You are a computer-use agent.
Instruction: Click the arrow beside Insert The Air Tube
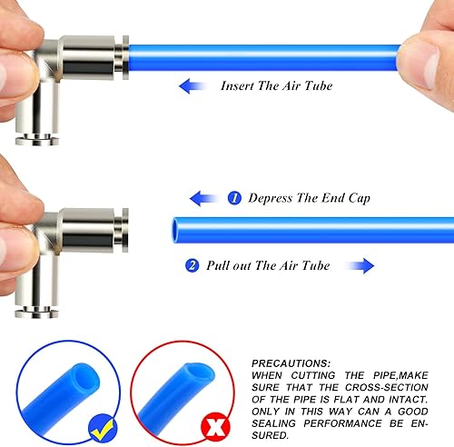[x=192, y=86]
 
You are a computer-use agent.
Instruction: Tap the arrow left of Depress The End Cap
[x=203, y=198]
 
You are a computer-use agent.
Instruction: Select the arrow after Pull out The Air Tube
[x=360, y=266]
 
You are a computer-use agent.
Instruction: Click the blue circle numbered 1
[x=234, y=198]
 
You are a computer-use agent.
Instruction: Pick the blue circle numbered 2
[x=192, y=265]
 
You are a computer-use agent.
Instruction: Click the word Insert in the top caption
[x=237, y=85]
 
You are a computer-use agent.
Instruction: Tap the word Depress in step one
[x=271, y=198]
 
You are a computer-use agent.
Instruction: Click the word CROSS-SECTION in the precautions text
[x=387, y=387]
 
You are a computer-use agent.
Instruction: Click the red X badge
[x=215, y=427]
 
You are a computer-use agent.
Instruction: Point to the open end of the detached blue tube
[x=175, y=231]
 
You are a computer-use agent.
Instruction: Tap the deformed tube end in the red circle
[x=201, y=374]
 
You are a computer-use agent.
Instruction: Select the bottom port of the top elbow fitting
[x=37, y=140]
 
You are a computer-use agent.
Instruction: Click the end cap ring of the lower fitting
[x=125, y=230]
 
